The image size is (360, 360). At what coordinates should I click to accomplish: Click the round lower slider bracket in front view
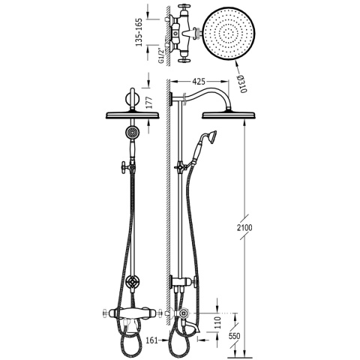click(x=132, y=283)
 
